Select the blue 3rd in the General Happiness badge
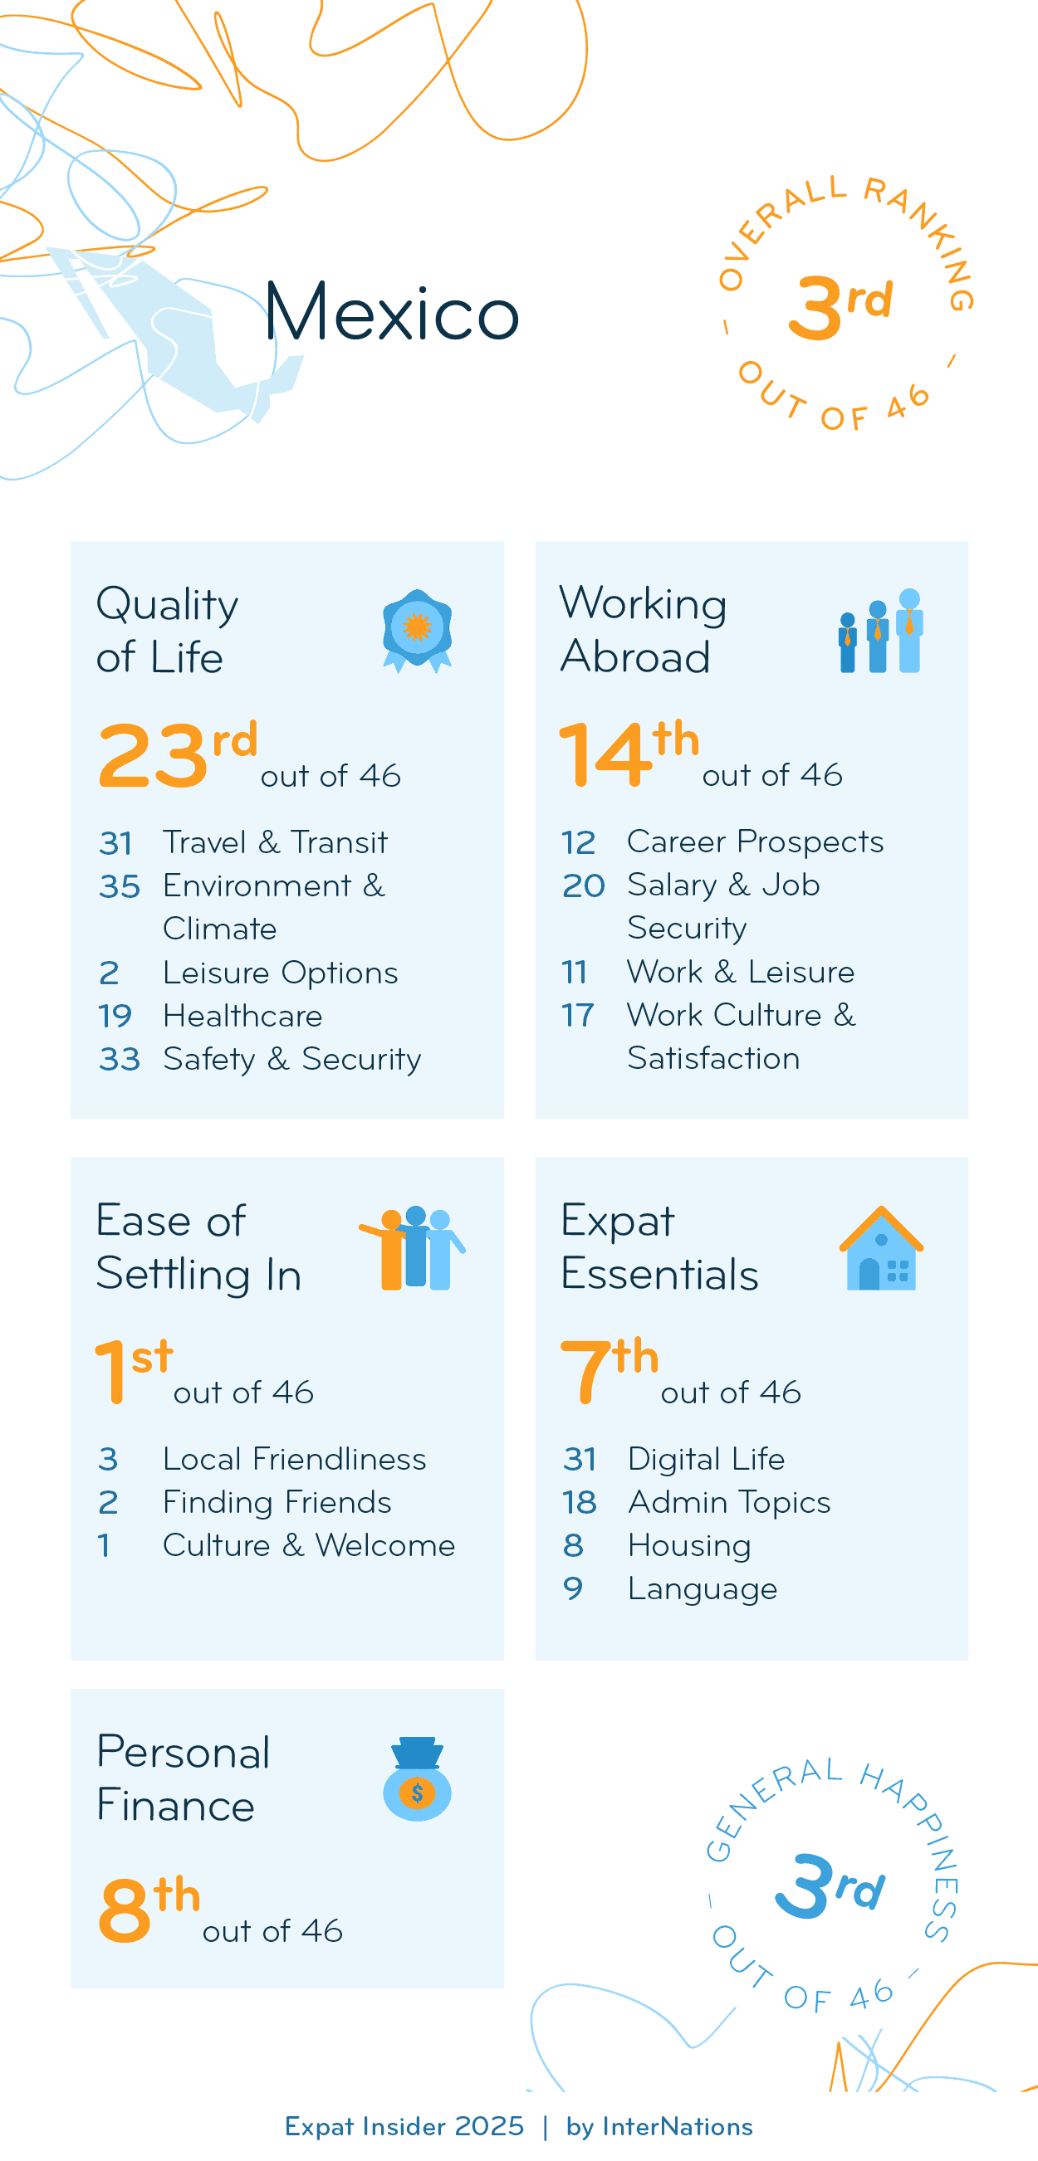[828, 1886]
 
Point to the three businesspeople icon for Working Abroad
[880, 631]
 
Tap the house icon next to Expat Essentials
[880, 1248]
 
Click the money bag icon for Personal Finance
[417, 1779]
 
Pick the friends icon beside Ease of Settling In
[413, 1248]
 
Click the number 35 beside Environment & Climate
[119, 886]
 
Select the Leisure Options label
[281, 973]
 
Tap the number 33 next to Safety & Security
[119, 1060]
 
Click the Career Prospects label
[755, 842]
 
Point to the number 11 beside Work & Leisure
[575, 973]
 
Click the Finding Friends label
[277, 1502]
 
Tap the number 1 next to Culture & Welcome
[104, 1545]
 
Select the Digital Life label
[707, 1460]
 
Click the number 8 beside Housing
[573, 1545]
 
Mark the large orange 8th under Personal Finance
[149, 1909]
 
